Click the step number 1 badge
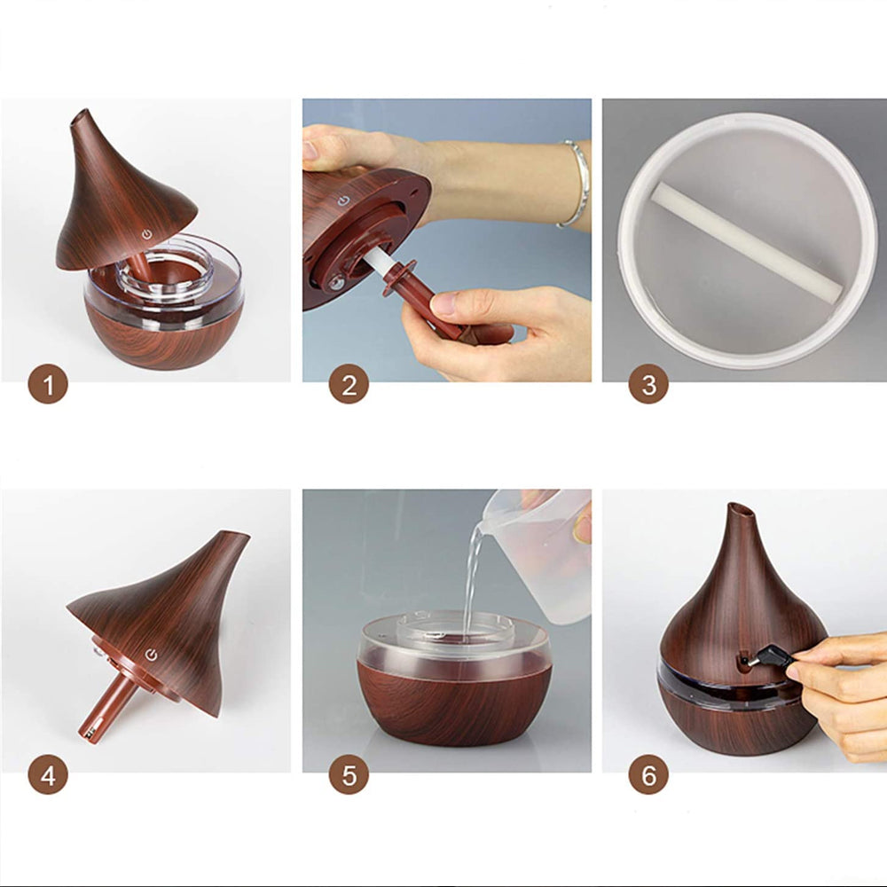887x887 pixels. [x=48, y=384]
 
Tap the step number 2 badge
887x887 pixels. [x=349, y=384]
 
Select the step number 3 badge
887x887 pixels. [x=648, y=384]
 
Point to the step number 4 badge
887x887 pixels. [x=48, y=774]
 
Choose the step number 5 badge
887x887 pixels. [x=349, y=774]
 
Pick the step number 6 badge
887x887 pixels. [x=648, y=774]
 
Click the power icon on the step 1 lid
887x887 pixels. [x=147, y=234]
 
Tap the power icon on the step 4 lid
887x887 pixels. [x=151, y=655]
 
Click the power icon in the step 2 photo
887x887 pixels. [x=341, y=200]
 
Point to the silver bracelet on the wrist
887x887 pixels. [x=577, y=184]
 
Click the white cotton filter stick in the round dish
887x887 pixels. [x=747, y=241]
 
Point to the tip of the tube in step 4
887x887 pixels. [x=88, y=734]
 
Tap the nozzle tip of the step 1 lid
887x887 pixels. [x=79, y=115]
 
